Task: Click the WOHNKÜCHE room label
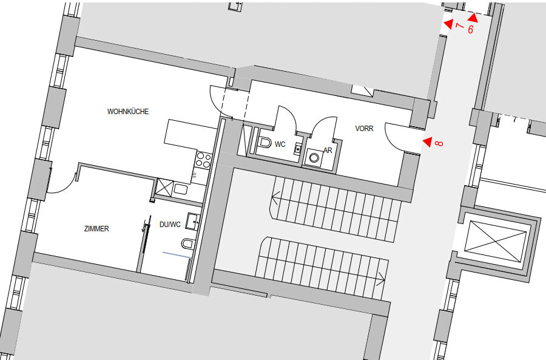tap(128, 112)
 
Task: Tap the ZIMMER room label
tap(96, 229)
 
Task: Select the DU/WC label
tap(170, 225)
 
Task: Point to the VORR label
tap(364, 129)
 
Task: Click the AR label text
tap(328, 150)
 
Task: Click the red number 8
tap(439, 143)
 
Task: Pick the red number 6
tap(470, 29)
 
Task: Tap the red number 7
tap(460, 25)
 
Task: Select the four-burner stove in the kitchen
tap(203, 160)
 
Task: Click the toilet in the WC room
tap(265, 143)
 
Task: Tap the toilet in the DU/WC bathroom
tap(187, 243)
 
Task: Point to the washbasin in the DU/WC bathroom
tap(192, 221)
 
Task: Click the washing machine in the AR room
tap(314, 158)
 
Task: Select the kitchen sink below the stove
tap(180, 190)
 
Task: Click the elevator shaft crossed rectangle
tap(496, 241)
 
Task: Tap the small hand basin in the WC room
tap(298, 149)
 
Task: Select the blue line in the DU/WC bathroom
tap(177, 255)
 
